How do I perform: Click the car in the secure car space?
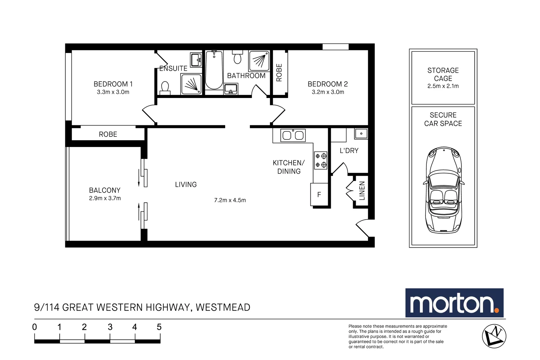point(444,190)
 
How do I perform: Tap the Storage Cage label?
point(443,74)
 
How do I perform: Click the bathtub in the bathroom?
point(214,70)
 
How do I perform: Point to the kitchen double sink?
point(293,135)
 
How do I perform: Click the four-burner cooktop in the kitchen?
point(320,160)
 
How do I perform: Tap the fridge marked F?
point(319,194)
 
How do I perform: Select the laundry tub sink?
point(361,133)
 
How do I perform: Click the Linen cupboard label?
point(362,191)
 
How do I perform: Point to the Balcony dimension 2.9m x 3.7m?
point(105,198)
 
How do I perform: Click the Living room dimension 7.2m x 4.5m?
point(230,200)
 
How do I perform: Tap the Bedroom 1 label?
point(113,84)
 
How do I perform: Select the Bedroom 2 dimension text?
point(328,92)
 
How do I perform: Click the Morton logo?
point(454,303)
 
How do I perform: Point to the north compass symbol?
point(494,336)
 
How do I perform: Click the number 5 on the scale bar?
point(159,327)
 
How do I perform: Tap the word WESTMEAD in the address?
point(223,307)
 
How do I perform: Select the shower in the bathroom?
point(259,61)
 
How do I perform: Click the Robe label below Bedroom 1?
point(108,134)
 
